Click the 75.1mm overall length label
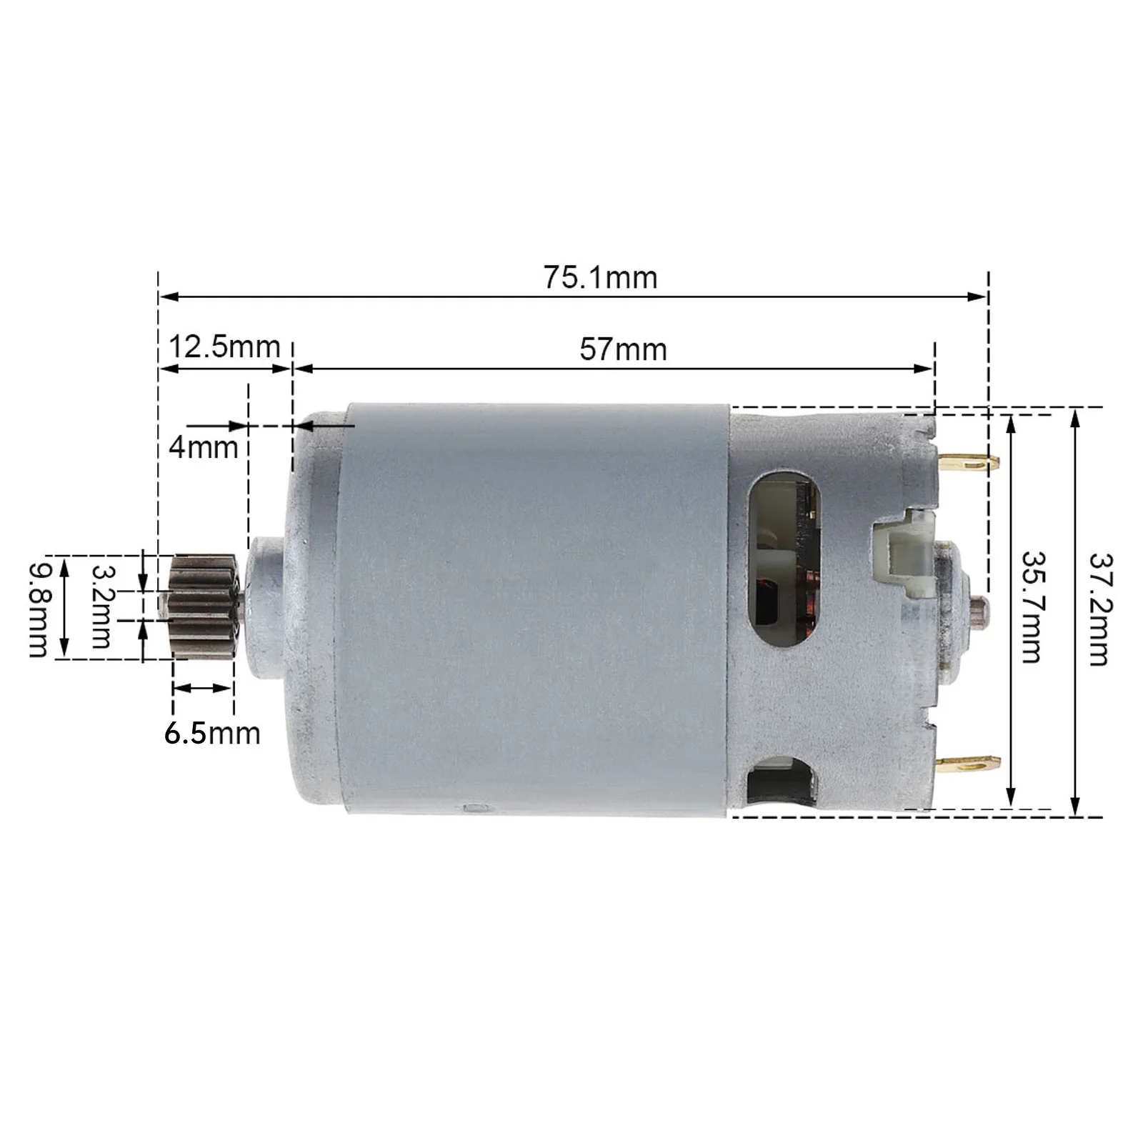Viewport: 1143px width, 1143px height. (x=600, y=277)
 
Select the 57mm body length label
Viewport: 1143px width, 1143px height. (x=623, y=349)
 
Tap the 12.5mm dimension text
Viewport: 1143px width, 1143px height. (x=224, y=347)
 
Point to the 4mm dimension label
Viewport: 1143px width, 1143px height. (x=203, y=448)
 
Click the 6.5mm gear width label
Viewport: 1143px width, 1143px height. (x=212, y=734)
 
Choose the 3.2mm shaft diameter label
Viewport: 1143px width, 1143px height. (x=102, y=607)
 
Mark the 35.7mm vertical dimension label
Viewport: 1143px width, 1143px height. (x=1031, y=607)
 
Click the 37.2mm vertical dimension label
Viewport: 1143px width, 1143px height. (x=1098, y=609)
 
